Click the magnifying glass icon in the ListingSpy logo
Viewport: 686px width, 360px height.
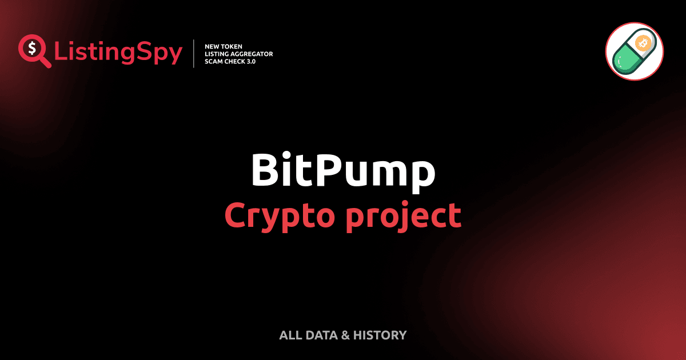[x=33, y=50]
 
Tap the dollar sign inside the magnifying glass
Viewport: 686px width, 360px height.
[x=32, y=49]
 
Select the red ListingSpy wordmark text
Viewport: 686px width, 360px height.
[x=118, y=53]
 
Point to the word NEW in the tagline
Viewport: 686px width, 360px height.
[x=213, y=46]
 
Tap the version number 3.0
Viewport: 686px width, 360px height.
[x=250, y=61]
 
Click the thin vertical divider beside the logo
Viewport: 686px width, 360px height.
[x=194, y=54]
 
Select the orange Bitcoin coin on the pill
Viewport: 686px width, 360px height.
[x=644, y=43]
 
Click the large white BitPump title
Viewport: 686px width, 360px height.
[x=343, y=170]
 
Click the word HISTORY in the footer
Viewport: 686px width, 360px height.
[x=380, y=335]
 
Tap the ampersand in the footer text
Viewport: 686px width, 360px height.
[x=345, y=335]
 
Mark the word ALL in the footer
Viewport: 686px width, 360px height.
[x=290, y=335]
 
